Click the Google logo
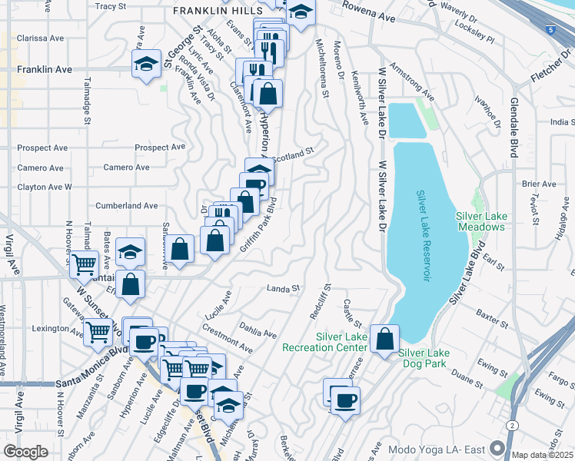click(x=25, y=451)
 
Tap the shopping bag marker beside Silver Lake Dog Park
click(x=384, y=337)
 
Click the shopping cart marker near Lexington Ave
click(x=98, y=332)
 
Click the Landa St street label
click(x=282, y=289)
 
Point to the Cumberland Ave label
click(x=126, y=206)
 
